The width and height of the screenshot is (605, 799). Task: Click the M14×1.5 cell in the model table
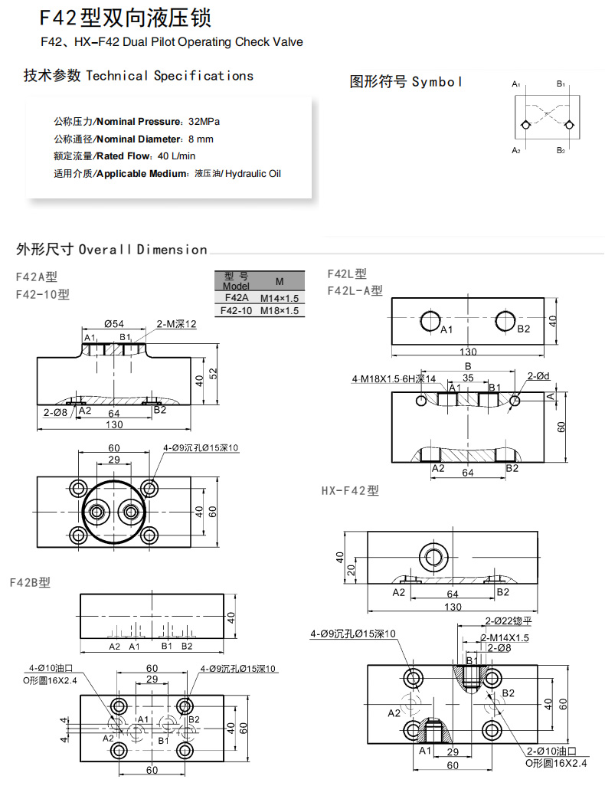(279, 298)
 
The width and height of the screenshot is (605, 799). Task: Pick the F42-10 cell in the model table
(235, 311)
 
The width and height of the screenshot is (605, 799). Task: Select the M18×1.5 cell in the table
(279, 311)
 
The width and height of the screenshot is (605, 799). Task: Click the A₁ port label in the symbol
(516, 84)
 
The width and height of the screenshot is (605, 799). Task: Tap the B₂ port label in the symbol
(561, 150)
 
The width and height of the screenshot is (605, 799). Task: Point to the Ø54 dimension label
(114, 324)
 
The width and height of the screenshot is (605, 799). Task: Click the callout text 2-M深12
(177, 324)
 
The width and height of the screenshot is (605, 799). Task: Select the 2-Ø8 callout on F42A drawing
(56, 412)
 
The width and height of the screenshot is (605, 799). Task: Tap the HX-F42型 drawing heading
(350, 490)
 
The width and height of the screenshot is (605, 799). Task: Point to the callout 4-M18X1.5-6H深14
(394, 378)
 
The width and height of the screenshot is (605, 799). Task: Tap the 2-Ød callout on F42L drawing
(539, 376)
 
